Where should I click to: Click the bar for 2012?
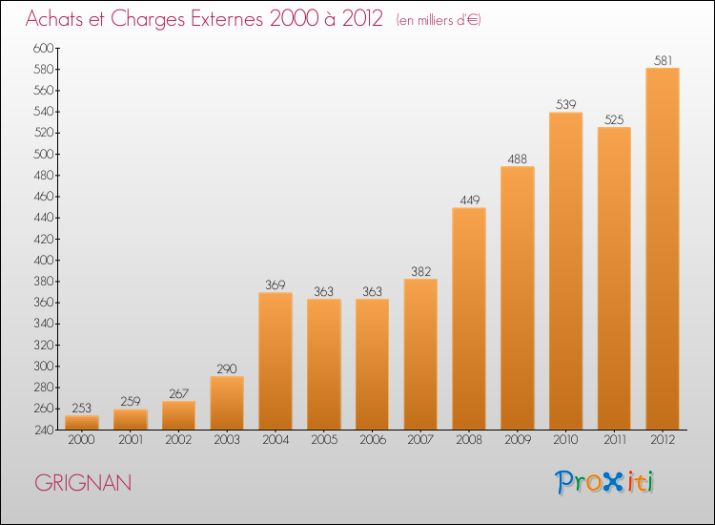click(x=663, y=248)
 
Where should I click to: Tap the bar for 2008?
click(x=469, y=319)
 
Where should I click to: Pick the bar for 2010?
click(x=565, y=271)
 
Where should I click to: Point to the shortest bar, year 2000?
click(x=82, y=422)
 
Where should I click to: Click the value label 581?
click(x=663, y=60)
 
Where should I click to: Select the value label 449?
click(x=469, y=200)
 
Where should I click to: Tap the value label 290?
click(x=226, y=368)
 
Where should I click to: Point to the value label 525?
click(x=614, y=120)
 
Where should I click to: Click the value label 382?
click(x=420, y=271)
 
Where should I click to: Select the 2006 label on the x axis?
click(x=372, y=440)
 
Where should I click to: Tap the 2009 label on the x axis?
click(x=517, y=440)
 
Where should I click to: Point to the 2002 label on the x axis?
click(x=178, y=440)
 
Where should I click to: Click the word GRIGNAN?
click(x=83, y=483)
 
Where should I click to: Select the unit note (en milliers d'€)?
click(x=439, y=20)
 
